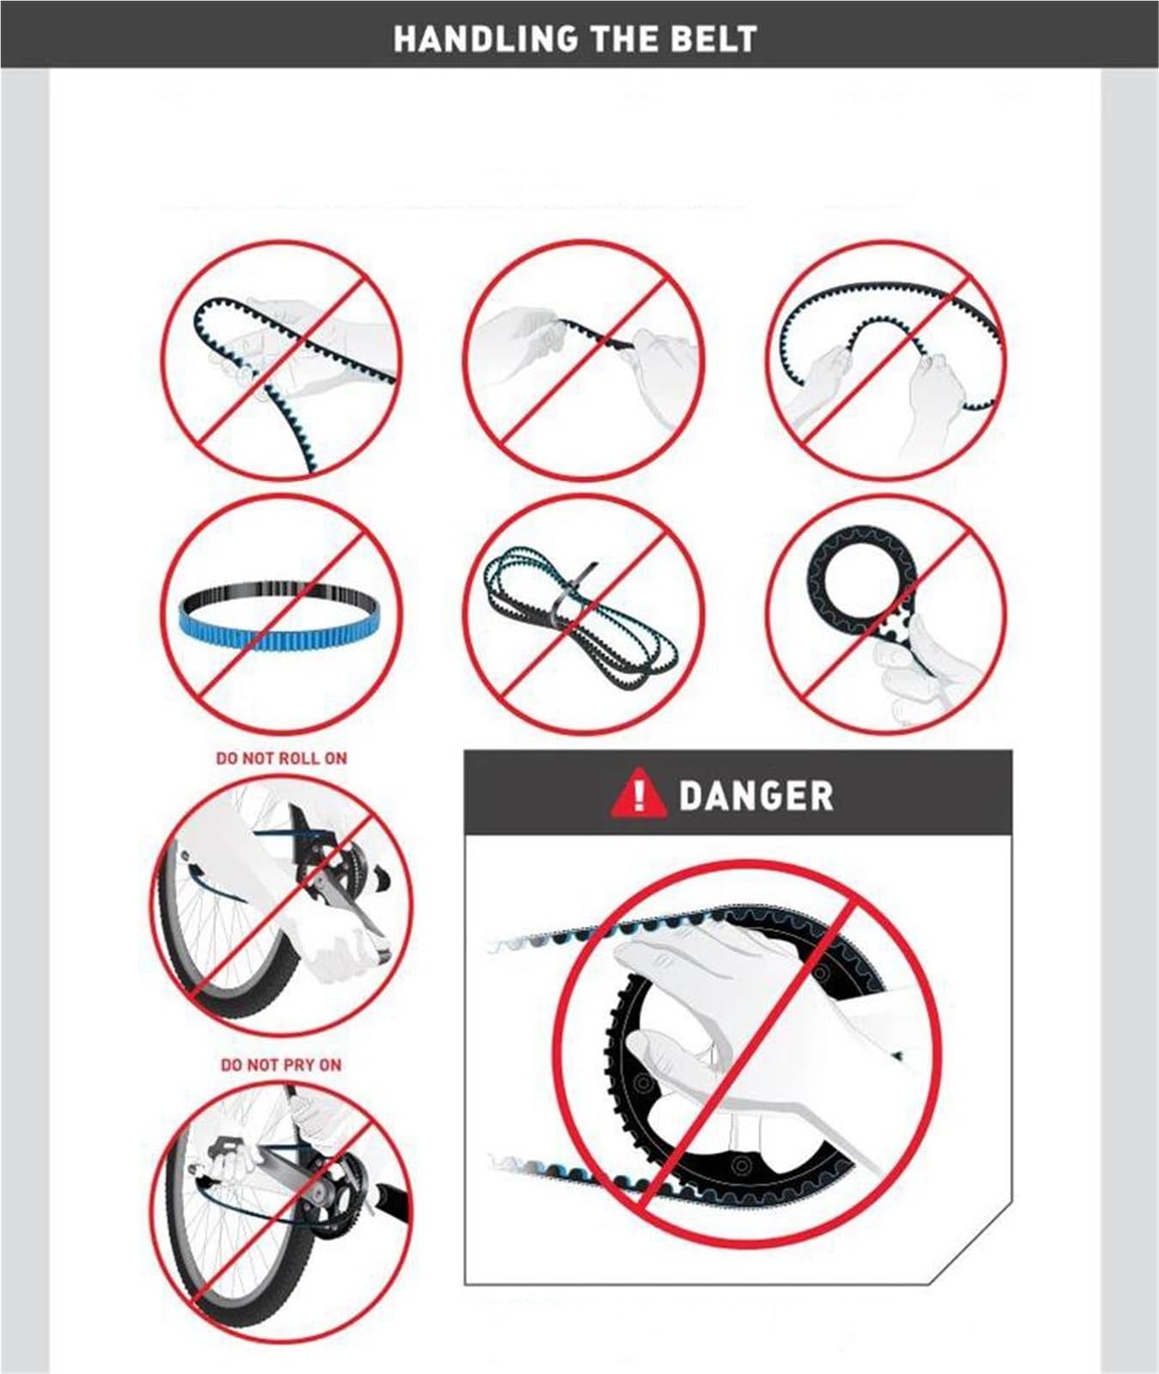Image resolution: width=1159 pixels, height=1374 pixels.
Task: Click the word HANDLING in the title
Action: pos(485,39)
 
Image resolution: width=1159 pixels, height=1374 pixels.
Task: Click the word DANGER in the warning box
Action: pos(755,795)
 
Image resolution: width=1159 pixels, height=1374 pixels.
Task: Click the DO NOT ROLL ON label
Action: pos(282,758)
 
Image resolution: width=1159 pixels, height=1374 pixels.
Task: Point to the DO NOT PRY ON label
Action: pos(281,1065)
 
